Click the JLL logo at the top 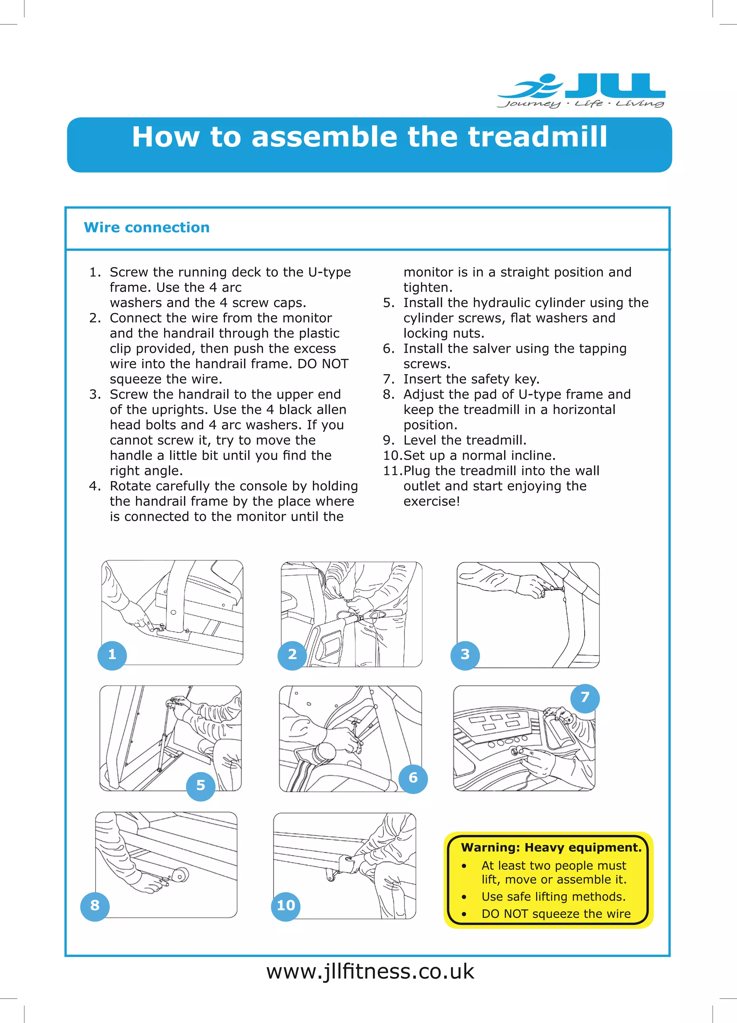point(582,90)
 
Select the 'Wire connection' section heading point(146,227)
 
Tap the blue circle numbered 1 point(112,655)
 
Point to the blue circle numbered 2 point(292,655)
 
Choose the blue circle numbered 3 point(465,655)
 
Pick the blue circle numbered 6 point(413,778)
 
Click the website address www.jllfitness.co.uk point(370,971)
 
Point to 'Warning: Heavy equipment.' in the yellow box point(551,848)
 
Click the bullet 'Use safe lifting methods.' point(553,896)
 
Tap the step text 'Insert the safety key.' point(471,379)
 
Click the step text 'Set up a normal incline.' point(479,455)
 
